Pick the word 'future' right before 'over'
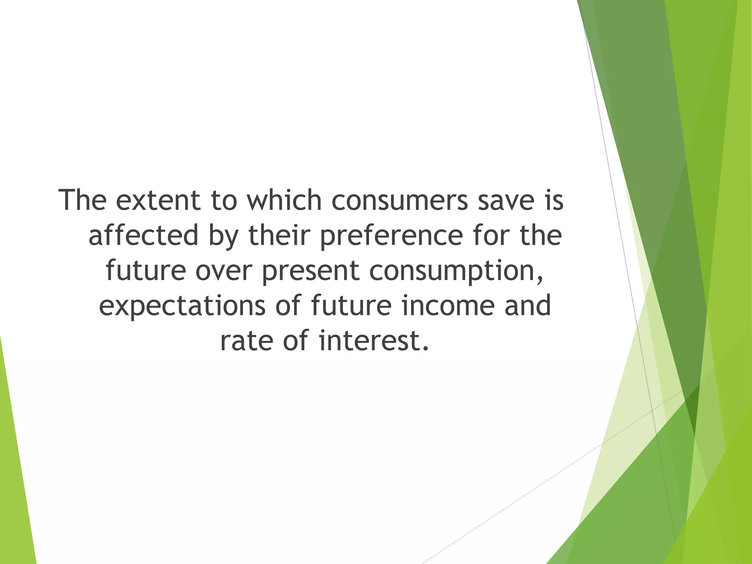click(146, 271)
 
